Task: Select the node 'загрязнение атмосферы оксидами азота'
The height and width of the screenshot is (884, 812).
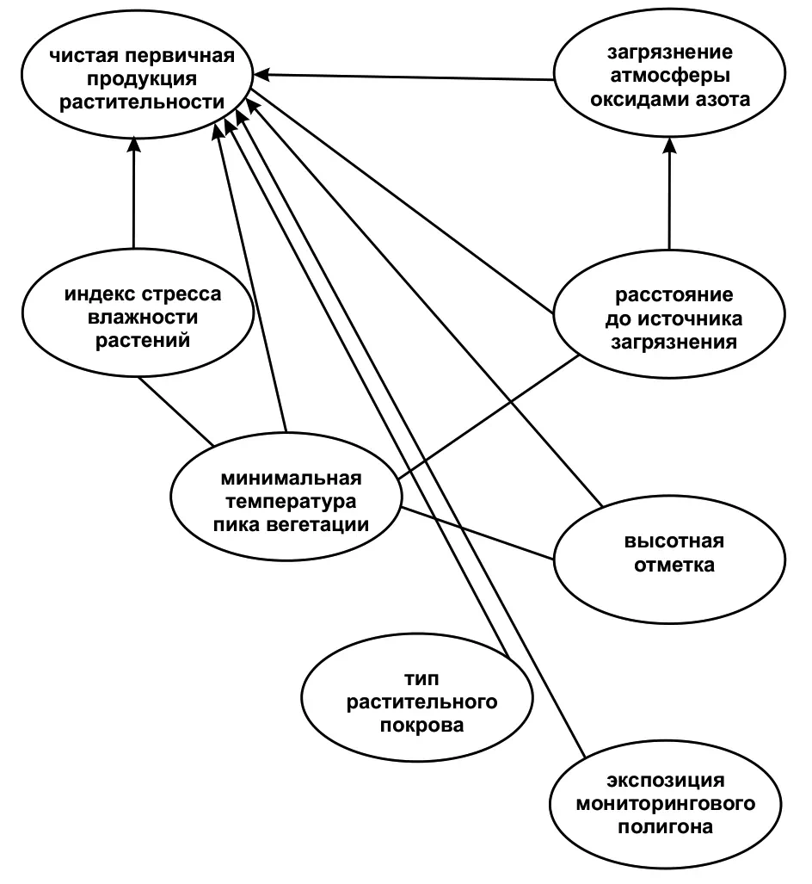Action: click(667, 76)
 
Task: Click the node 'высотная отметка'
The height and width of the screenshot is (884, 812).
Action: click(667, 553)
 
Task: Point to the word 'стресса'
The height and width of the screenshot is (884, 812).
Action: click(182, 294)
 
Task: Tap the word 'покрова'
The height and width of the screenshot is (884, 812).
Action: click(421, 726)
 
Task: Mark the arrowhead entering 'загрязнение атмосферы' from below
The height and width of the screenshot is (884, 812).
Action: click(667, 143)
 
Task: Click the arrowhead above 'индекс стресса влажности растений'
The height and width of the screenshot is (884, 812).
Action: click(134, 143)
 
